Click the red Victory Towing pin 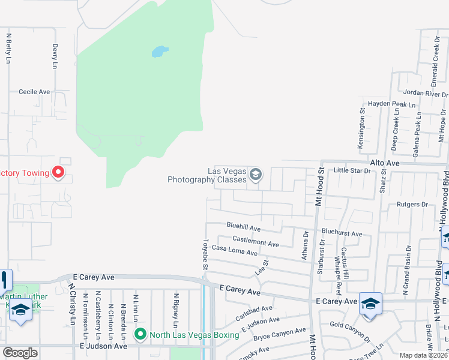58,173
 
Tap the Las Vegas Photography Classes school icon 256,175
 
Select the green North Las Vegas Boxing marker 140,334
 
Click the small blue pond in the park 160,52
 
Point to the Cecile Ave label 34,92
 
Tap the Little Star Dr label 352,171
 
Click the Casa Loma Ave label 234,251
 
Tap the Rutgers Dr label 412,205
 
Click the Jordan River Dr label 426,94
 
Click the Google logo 20,353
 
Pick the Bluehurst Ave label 342,233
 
